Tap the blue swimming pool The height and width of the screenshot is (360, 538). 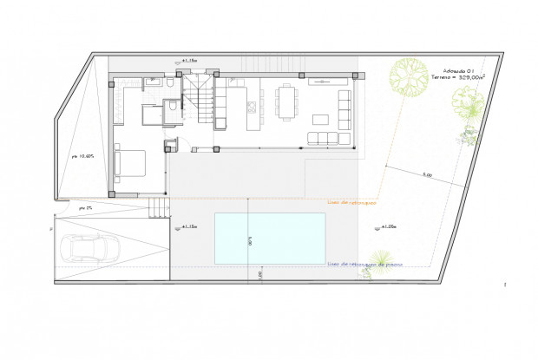coord(270,238)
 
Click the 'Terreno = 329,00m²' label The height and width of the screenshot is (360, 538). coord(456,78)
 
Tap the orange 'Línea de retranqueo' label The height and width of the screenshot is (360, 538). coord(351,203)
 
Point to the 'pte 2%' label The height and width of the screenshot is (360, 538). coord(84,208)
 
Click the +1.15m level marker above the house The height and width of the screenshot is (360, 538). coord(188,61)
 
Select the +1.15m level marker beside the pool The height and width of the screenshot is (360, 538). coord(188,227)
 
